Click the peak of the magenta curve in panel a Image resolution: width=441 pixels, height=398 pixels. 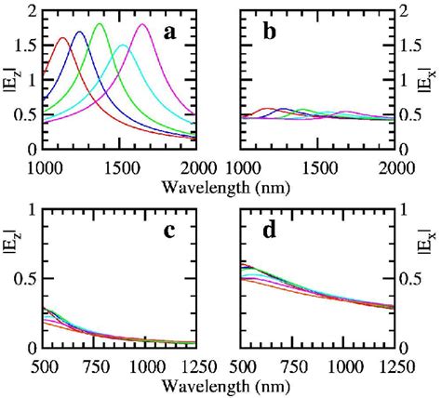point(142,25)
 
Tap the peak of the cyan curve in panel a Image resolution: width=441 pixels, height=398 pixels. point(122,45)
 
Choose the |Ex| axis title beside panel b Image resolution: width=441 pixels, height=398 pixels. point(429,79)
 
